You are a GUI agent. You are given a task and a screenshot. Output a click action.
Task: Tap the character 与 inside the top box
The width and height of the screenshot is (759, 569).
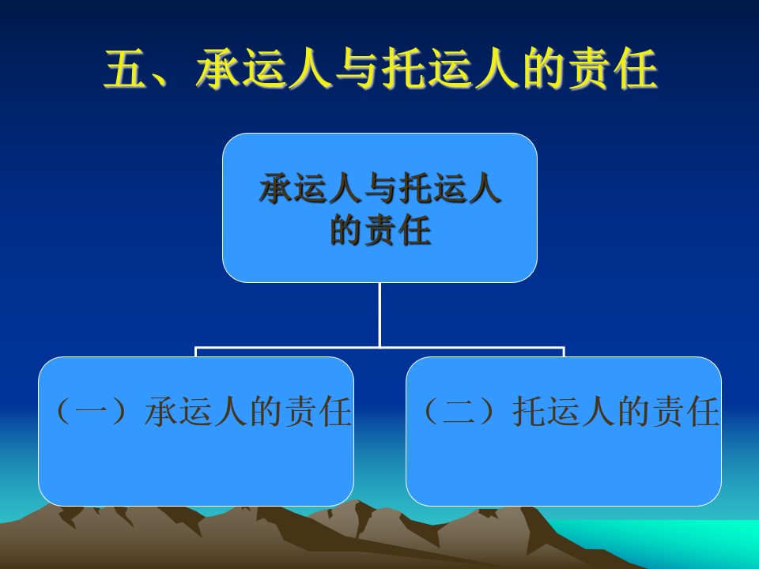click(380, 188)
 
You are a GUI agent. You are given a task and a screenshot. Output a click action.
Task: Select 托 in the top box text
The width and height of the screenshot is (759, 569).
click(415, 188)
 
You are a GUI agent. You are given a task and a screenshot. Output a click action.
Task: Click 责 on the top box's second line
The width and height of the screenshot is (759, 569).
click(380, 230)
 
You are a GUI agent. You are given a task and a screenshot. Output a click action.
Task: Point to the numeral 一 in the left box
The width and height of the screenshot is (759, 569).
click(93, 412)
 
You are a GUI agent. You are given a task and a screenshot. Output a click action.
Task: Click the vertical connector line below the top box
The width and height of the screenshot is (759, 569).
click(380, 315)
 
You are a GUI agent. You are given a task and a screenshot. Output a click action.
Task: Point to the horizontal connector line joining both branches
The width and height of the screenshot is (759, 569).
click(380, 347)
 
